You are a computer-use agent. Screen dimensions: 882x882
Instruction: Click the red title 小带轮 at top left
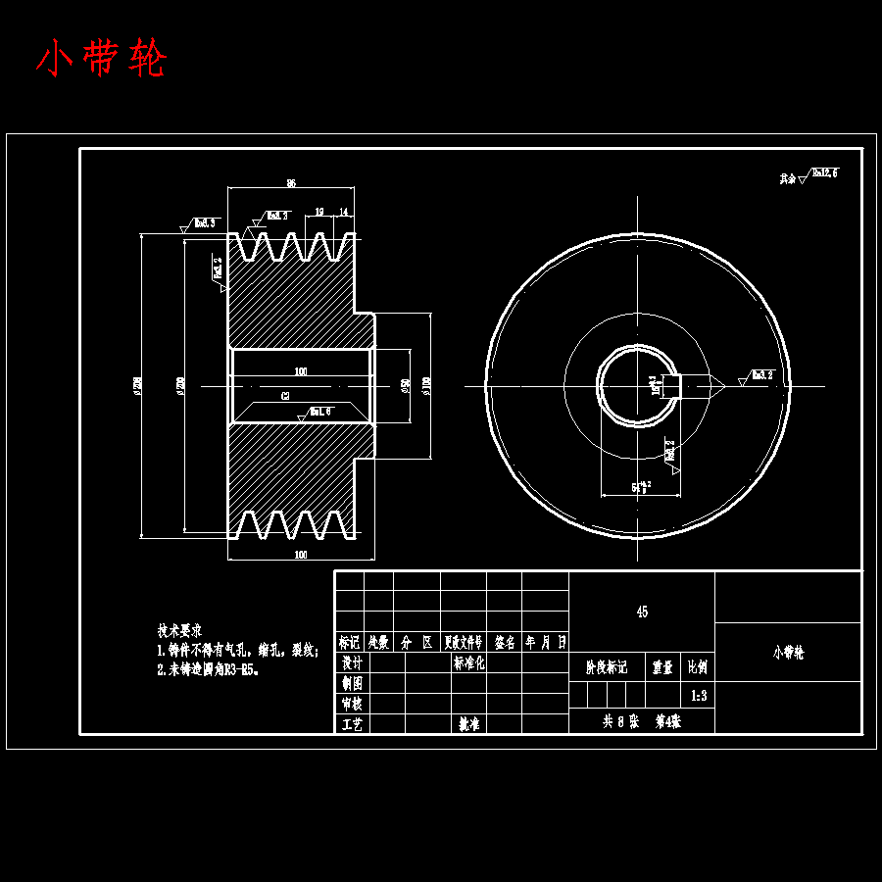pyautogui.click(x=102, y=60)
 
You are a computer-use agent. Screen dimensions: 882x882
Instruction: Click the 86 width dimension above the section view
pyautogui.click(x=291, y=183)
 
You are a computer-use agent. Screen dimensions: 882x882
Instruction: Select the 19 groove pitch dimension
pyautogui.click(x=319, y=212)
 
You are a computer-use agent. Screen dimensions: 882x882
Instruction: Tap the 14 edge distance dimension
pyautogui.click(x=344, y=212)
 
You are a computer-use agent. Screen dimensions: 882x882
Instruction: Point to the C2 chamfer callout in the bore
pyautogui.click(x=285, y=396)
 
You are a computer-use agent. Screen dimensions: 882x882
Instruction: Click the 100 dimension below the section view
pyautogui.click(x=300, y=555)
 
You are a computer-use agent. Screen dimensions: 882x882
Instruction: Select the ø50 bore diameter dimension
pyautogui.click(x=405, y=385)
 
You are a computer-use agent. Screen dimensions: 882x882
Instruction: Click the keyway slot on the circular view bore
pyautogui.click(x=674, y=385)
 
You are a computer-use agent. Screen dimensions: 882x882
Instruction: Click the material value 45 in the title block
pyautogui.click(x=642, y=612)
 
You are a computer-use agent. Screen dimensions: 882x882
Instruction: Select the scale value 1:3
pyautogui.click(x=699, y=696)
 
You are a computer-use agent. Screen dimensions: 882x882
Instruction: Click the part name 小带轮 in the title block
pyautogui.click(x=788, y=652)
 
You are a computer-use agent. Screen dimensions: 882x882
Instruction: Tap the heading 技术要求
pyautogui.click(x=179, y=630)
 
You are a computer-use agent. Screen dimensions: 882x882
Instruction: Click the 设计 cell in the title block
pyautogui.click(x=351, y=662)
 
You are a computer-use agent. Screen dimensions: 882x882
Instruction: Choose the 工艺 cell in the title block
pyautogui.click(x=351, y=724)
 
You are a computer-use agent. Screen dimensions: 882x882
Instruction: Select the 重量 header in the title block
pyautogui.click(x=662, y=667)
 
